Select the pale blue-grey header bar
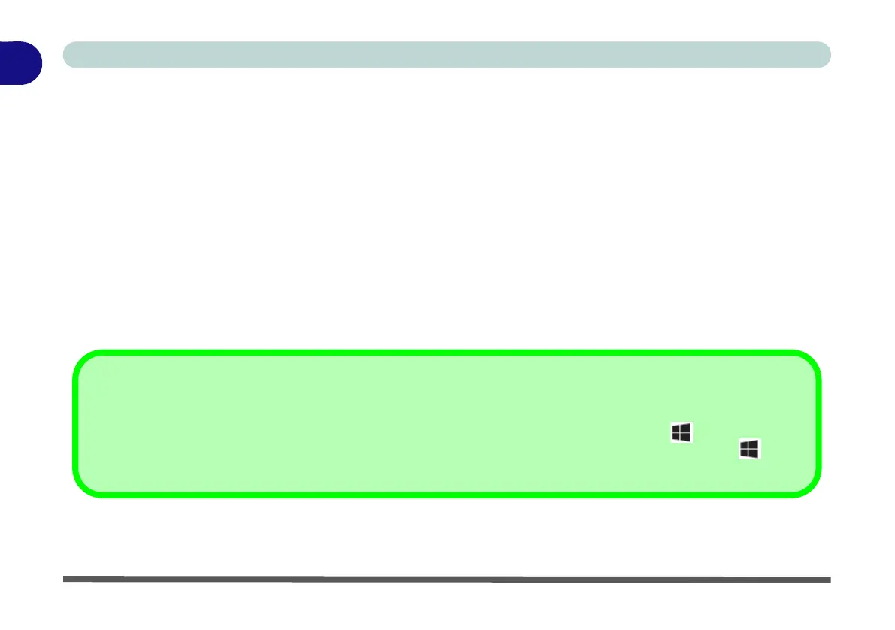(447, 55)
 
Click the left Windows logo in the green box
(681, 432)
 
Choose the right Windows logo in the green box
(750, 450)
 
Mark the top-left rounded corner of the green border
(84, 362)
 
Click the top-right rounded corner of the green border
(809, 362)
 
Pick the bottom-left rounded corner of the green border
(84, 485)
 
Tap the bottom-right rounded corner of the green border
(809, 485)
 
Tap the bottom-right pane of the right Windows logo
(754, 454)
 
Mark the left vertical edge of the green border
(74, 423)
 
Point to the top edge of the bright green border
(447, 352)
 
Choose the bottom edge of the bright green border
(447, 495)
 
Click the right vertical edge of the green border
(818, 423)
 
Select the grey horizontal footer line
(447, 579)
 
